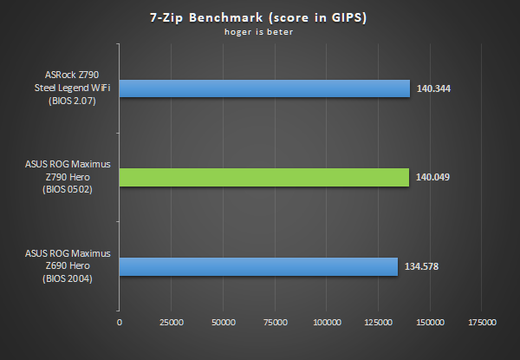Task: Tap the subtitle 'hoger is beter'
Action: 259,34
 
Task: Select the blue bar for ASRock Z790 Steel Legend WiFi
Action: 264,88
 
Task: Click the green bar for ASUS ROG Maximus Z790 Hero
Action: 263,177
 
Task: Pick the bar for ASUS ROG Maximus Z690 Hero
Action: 258,265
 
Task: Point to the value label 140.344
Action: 434,88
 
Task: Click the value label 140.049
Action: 433,177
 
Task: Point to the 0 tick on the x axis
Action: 120,322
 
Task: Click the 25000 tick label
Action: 172,322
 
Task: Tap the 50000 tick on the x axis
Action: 224,322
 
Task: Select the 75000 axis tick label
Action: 276,322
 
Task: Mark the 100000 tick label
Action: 327,322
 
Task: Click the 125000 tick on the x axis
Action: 379,322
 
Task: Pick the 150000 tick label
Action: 431,322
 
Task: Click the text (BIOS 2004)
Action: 69,278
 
